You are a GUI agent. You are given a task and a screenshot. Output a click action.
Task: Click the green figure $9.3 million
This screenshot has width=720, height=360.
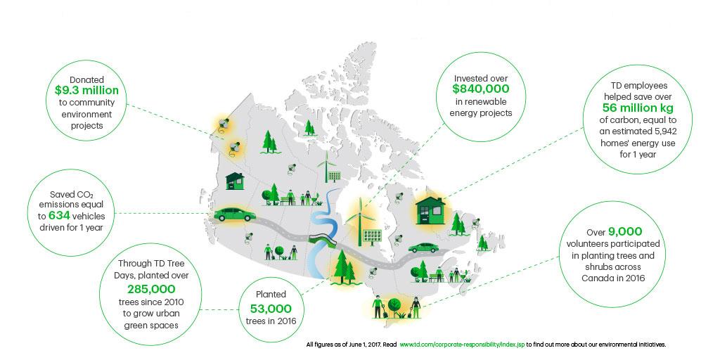point(86,91)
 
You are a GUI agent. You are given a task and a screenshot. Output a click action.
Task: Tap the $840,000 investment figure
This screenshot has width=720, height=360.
point(481,89)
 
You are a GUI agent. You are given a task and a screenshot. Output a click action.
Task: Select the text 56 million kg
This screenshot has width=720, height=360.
point(638,108)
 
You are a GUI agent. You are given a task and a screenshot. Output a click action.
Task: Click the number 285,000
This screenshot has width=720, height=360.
point(151,289)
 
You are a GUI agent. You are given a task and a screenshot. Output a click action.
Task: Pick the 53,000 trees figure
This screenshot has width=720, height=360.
point(271,309)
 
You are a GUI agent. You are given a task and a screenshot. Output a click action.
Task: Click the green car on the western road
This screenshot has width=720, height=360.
point(235,214)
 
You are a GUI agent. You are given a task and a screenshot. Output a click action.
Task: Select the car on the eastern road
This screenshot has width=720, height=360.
point(423,248)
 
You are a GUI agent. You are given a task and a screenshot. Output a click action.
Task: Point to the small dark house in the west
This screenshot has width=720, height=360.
point(235,181)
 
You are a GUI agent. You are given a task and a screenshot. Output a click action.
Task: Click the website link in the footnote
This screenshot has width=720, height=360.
point(462,344)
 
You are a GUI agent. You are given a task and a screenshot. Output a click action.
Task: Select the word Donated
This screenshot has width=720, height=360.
point(86,79)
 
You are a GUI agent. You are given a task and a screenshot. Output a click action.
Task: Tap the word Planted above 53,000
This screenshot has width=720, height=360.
point(271,295)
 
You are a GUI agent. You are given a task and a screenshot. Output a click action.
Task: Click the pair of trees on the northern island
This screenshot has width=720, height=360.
point(309,128)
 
